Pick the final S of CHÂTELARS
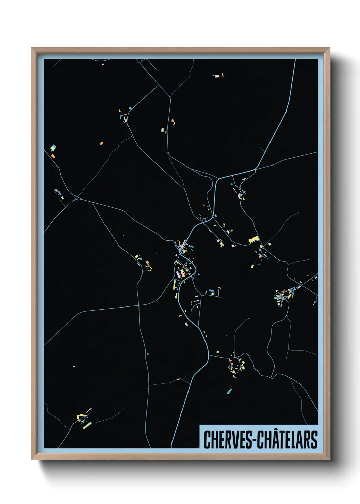point(314,440)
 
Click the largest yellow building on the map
point(254,239)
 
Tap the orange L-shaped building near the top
point(223,74)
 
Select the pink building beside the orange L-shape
point(217,76)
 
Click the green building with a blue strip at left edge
point(53,148)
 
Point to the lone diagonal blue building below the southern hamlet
point(229,391)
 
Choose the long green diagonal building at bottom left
point(87,425)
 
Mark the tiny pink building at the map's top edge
point(103,64)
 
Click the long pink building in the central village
point(178,274)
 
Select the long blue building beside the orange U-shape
point(211,292)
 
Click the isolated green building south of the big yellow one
point(252,266)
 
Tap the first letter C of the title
point(207,440)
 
